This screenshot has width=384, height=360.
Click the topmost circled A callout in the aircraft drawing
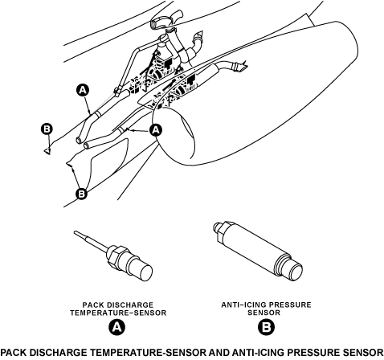tap(83, 90)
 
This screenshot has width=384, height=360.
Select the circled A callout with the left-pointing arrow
tap(156, 130)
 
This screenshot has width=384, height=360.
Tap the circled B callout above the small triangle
tap(47, 129)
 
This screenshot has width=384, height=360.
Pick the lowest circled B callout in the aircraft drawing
tap(81, 193)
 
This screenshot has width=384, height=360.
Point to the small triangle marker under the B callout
tap(47, 151)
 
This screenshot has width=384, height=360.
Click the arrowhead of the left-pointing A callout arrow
tap(128, 130)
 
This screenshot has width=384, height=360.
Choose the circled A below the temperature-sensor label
tap(116, 327)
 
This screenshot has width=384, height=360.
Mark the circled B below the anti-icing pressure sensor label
tap(266, 327)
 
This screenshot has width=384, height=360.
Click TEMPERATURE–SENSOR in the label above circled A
tap(118, 313)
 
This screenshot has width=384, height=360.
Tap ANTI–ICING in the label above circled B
tap(243, 305)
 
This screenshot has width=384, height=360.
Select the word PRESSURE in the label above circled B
tap(290, 305)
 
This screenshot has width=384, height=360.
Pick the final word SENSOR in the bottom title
tap(364, 352)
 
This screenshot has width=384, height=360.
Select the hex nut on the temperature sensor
tap(116, 256)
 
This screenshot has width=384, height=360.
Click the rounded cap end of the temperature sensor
tap(144, 272)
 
